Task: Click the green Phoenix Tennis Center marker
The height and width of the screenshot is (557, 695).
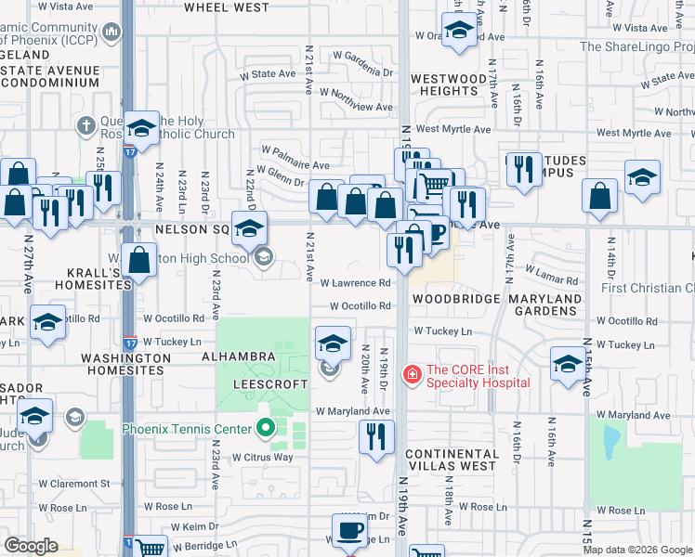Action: tap(265, 429)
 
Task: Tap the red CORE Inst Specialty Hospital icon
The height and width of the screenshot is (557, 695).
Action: tap(410, 375)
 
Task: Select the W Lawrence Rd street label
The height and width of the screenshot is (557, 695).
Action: tap(356, 283)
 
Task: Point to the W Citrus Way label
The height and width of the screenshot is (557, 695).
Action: tap(262, 458)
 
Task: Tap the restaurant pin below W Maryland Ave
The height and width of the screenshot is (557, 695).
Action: tap(376, 437)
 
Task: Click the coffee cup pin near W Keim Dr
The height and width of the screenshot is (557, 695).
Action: tap(350, 532)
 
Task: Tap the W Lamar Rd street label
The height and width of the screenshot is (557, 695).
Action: tap(551, 273)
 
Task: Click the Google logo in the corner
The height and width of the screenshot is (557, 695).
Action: tap(32, 546)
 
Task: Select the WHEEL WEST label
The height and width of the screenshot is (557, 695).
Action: tap(227, 7)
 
